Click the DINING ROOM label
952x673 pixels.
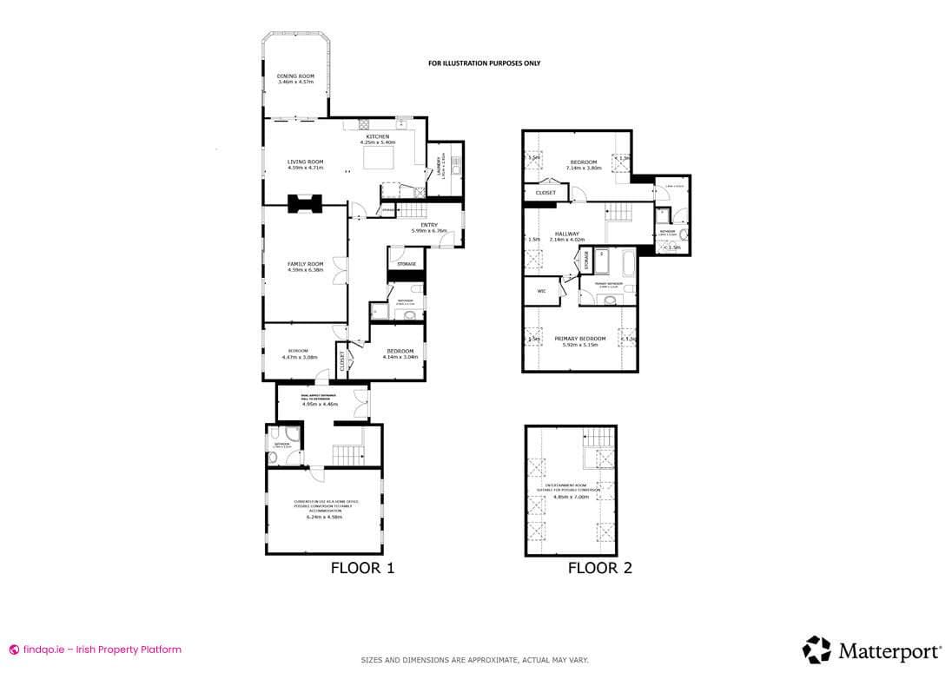[x=295, y=76]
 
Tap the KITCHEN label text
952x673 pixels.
[x=377, y=137]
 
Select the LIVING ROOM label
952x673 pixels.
[x=306, y=162]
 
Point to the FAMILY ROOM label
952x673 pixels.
[x=306, y=264]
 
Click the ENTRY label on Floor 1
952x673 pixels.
[x=428, y=225]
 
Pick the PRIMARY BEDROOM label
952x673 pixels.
[x=579, y=338]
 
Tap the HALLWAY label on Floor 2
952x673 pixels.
[x=566, y=234]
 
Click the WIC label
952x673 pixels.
[x=541, y=291]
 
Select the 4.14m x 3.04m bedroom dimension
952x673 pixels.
[x=400, y=357]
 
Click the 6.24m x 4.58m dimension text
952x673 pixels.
[x=324, y=517]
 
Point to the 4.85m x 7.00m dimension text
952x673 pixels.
[x=571, y=498]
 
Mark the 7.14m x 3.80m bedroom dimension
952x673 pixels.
[x=584, y=168]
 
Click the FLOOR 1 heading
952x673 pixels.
[x=363, y=569]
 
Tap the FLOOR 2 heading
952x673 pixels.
[x=599, y=569]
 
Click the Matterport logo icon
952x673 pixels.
[x=816, y=650]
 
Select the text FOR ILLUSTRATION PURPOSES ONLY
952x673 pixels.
[x=484, y=63]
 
